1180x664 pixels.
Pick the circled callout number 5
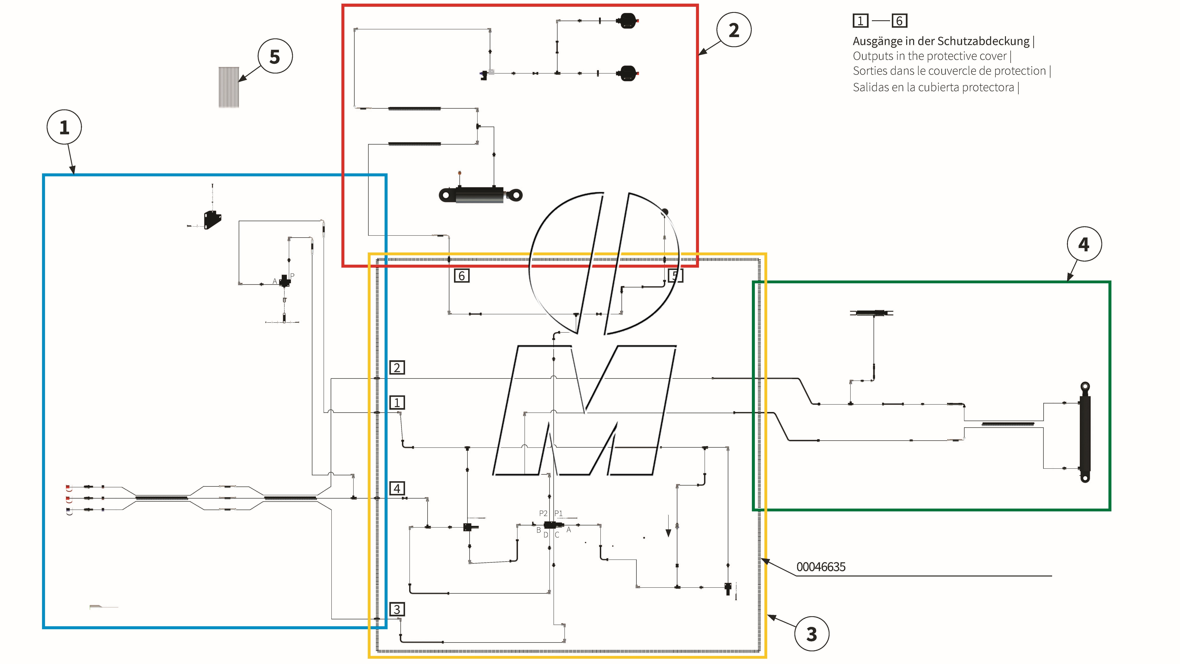pyautogui.click(x=275, y=56)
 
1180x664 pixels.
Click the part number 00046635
pyautogui.click(x=820, y=567)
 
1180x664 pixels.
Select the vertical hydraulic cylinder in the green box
pyautogui.click(x=1085, y=433)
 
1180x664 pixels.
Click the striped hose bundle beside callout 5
pyautogui.click(x=229, y=87)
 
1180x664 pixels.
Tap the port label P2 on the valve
pyautogui.click(x=543, y=513)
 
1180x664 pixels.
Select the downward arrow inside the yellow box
pyautogui.click(x=668, y=527)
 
